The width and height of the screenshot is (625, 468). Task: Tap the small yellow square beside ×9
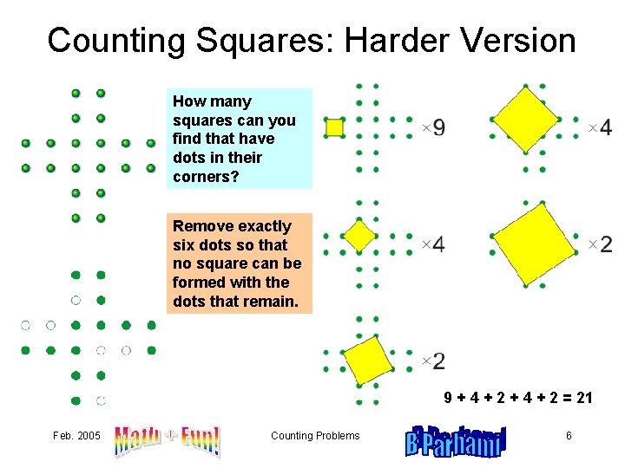334,128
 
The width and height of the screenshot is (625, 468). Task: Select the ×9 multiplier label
434,128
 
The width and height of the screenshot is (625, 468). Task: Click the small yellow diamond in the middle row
359,235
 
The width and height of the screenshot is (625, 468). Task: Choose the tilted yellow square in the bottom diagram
368,359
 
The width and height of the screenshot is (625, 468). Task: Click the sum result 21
583,399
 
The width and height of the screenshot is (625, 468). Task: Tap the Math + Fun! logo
167,440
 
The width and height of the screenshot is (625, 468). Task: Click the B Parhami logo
455,440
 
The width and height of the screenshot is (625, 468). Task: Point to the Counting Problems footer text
314,436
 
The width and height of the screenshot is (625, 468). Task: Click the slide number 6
569,436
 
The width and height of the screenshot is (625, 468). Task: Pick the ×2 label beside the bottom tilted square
433,361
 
